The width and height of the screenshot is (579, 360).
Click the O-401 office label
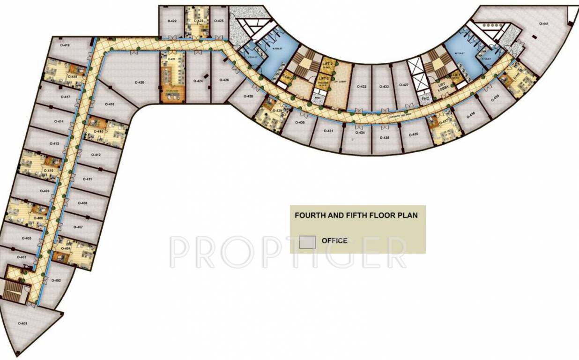[x=22, y=323]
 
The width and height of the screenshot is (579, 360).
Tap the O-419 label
[x=66, y=45]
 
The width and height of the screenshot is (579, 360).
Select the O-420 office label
[x=139, y=82]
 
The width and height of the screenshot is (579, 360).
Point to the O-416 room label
[x=110, y=104]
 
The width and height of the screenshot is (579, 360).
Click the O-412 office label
[x=96, y=155]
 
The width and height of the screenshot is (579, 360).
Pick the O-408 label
[x=82, y=203]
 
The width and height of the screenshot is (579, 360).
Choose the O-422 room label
[x=172, y=22]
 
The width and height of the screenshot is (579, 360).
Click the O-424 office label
[x=199, y=81]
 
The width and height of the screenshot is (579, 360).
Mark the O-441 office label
[x=543, y=23]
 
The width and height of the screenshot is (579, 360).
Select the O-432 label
[x=361, y=87]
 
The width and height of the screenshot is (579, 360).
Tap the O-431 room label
[x=328, y=131]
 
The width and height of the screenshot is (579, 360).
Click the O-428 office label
[x=249, y=97]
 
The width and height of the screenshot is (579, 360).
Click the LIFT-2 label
[x=327, y=63]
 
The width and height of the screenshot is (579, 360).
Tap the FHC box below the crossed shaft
[x=425, y=99]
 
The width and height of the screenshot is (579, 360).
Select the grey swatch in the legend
[x=307, y=242]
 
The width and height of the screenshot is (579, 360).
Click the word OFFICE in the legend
[x=334, y=241]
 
